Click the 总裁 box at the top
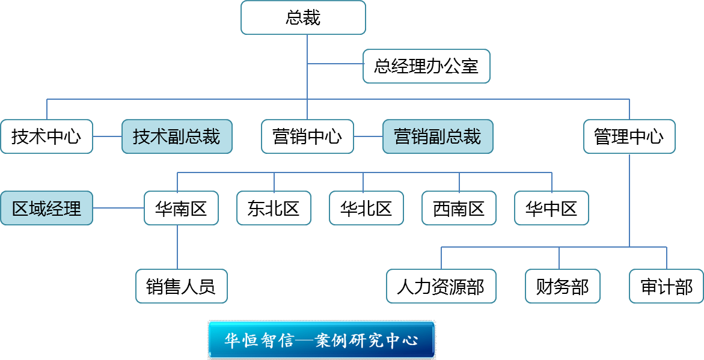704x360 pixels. tap(303, 17)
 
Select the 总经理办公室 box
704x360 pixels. tap(426, 66)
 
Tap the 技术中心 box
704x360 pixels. tap(46, 136)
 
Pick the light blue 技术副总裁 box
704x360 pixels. tap(177, 136)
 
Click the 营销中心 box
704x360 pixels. tap(307, 136)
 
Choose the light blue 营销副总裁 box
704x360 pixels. tap(438, 136)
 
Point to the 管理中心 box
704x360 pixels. tap(629, 136)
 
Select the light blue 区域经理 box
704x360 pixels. tap(46, 209)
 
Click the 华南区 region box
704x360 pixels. tap(181, 209)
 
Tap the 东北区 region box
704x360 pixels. tap(274, 209)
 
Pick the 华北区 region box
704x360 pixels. tap(366, 209)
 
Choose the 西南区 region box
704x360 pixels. tap(459, 209)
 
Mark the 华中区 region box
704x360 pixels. tap(551, 209)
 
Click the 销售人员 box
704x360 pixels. tap(181, 286)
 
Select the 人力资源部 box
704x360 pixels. tap(441, 286)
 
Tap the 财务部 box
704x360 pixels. tap(562, 286)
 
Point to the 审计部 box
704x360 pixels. tap(666, 286)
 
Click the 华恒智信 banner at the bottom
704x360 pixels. tap(322, 340)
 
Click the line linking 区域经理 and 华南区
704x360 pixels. tap(118, 209)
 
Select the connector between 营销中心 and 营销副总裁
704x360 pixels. tap(368, 136)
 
